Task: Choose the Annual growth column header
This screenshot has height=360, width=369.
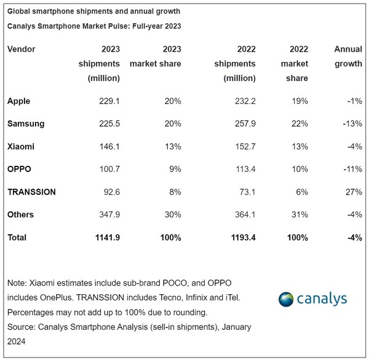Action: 347,56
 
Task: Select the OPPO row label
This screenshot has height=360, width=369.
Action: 20,168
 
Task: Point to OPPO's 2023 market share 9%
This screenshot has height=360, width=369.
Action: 174,168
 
